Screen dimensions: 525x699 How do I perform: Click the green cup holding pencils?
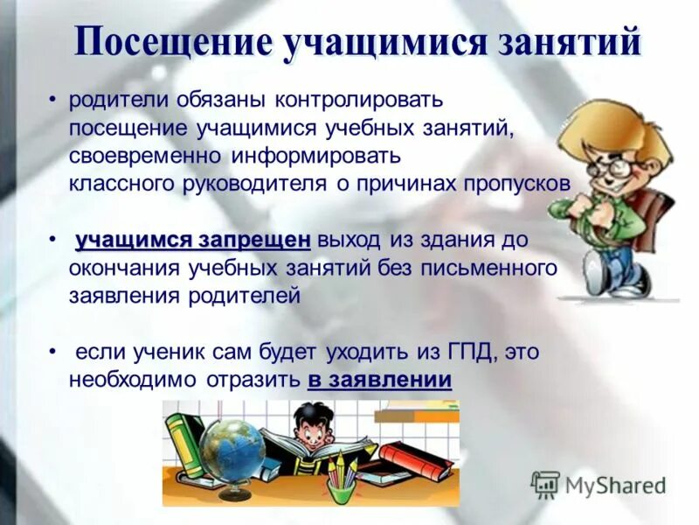(341, 490)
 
